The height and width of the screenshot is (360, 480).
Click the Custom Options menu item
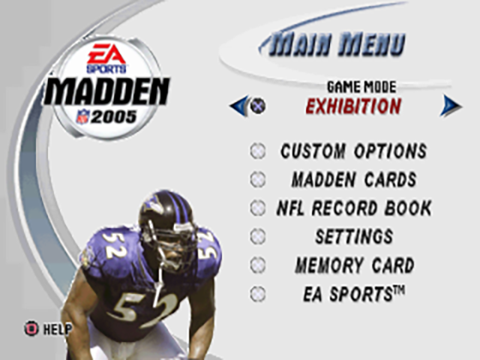click(x=353, y=151)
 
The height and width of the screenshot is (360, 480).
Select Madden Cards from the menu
click(x=354, y=179)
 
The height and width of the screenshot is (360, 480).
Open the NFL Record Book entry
click(x=354, y=208)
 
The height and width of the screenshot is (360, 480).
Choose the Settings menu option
click(x=354, y=237)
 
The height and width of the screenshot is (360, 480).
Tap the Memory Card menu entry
click(x=355, y=265)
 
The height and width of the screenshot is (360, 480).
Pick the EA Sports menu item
click(x=354, y=294)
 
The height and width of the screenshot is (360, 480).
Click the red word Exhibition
click(x=353, y=106)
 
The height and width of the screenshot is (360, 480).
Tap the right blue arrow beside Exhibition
click(x=451, y=106)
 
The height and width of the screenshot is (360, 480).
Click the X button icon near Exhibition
click(x=258, y=106)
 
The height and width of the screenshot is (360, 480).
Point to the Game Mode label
click(x=361, y=87)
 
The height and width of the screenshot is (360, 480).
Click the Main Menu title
click(x=337, y=45)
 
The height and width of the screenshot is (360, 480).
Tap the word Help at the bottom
click(x=57, y=329)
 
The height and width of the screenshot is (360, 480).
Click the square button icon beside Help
click(x=31, y=328)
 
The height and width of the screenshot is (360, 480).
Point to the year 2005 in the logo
click(x=113, y=117)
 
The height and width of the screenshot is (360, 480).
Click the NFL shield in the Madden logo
click(x=82, y=117)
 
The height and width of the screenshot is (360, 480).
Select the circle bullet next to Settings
click(x=258, y=237)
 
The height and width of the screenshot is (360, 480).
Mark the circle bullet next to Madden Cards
click(x=258, y=179)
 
